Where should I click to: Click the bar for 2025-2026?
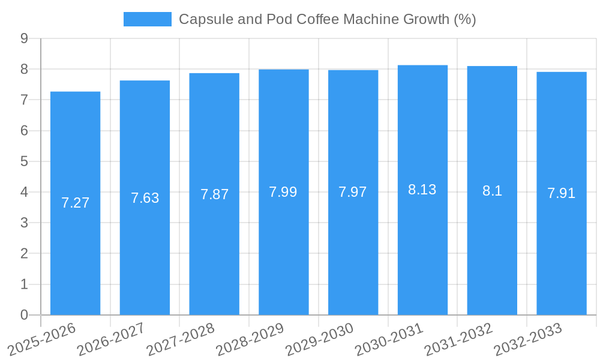point(75,240)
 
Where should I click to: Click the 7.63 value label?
point(145,198)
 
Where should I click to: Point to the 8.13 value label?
point(422,190)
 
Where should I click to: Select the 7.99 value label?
point(283,192)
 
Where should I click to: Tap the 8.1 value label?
point(492,191)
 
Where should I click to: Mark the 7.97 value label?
point(353,192)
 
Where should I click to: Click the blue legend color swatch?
point(147,19)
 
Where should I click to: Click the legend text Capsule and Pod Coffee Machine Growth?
point(327,19)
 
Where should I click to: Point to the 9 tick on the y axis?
point(25,38)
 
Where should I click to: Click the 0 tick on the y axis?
point(25,315)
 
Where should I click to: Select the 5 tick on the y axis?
point(25,161)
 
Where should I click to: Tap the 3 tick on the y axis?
point(25,223)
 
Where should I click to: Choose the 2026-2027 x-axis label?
point(111,338)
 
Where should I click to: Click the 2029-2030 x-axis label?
point(319,338)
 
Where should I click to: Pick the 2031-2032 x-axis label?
point(458,338)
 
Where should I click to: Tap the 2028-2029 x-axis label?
point(250,338)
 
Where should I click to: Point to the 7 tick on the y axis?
point(25,100)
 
